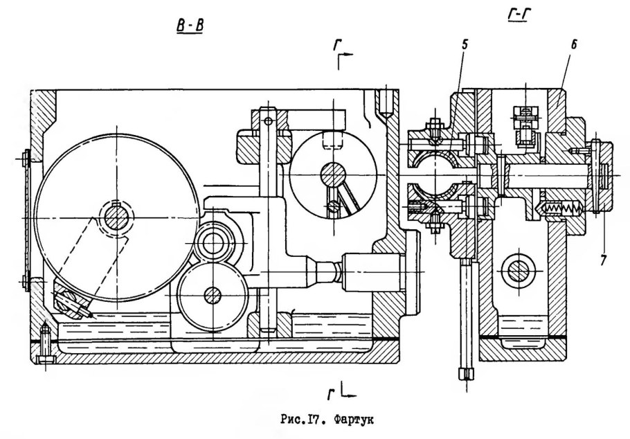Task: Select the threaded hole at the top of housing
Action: [x=386, y=102]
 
